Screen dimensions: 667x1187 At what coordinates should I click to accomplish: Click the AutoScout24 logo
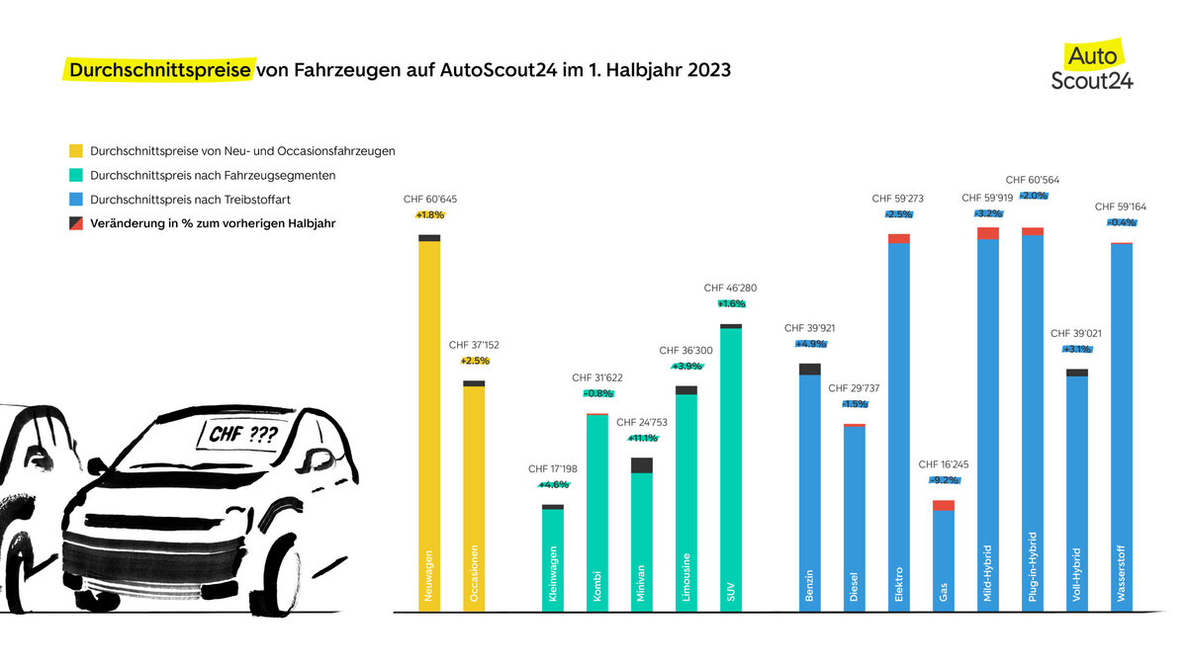tap(1092, 66)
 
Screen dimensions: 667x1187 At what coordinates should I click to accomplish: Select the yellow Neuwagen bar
tap(429, 425)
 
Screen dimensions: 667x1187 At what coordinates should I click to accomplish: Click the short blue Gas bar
tap(944, 558)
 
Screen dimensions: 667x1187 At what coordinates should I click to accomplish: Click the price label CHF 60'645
tap(429, 200)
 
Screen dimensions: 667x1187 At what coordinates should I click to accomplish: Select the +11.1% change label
tap(642, 438)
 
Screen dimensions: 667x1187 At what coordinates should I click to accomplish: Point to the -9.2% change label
tap(944, 480)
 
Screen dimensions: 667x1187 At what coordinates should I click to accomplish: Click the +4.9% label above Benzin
tap(810, 344)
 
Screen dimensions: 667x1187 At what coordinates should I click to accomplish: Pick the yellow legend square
tap(76, 151)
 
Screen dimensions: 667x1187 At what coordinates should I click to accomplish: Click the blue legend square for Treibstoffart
tap(76, 200)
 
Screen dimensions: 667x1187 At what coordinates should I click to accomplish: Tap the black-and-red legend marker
tap(76, 223)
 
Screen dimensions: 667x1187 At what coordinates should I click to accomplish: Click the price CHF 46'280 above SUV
tap(730, 288)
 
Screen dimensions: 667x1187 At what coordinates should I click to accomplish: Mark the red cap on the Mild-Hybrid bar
tap(988, 233)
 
